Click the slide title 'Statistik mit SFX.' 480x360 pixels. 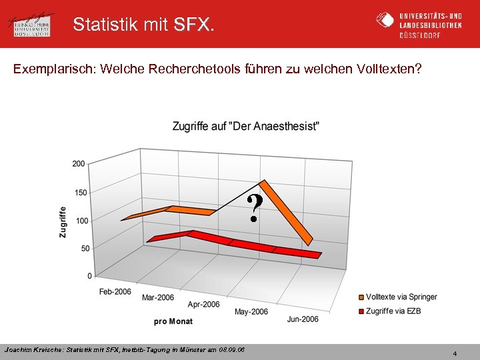(144, 25)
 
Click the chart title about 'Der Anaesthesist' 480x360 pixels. (245, 126)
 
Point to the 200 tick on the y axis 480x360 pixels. (79, 163)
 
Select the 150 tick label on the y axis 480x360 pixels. (79, 193)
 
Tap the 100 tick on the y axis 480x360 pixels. (79, 221)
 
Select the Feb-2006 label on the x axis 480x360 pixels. (115, 291)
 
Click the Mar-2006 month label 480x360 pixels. (158, 297)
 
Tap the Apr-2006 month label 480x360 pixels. (203, 305)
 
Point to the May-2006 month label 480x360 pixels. (251, 312)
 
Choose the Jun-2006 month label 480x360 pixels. (303, 319)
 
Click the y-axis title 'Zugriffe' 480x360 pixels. (63, 221)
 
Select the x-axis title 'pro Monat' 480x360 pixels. (173, 321)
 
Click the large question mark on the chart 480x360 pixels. (254, 208)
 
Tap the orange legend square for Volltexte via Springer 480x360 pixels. (361, 297)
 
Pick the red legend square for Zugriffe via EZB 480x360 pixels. (361, 311)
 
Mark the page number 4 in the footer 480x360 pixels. (455, 353)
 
